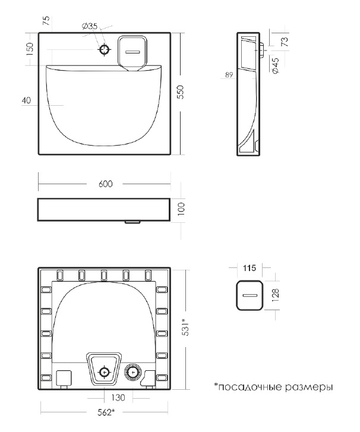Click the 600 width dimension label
click(106, 184)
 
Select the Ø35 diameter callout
click(90, 26)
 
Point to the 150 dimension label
click(30, 49)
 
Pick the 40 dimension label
click(27, 100)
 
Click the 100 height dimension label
click(181, 209)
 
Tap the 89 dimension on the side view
click(229, 75)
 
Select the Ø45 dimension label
click(275, 65)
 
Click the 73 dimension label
click(285, 42)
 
